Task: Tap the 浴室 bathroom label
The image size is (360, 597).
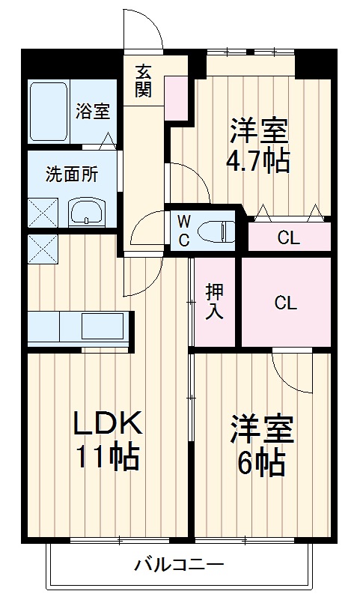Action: click(94, 112)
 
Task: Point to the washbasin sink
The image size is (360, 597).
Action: click(88, 212)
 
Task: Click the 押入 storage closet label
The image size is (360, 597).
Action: click(214, 303)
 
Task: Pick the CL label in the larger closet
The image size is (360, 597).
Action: click(284, 303)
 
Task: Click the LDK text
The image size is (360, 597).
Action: click(107, 424)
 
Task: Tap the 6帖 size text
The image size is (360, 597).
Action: click(260, 464)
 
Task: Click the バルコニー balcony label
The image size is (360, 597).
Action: click(180, 563)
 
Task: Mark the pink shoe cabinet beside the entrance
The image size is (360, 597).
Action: click(177, 98)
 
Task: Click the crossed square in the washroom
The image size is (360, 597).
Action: click(41, 212)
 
